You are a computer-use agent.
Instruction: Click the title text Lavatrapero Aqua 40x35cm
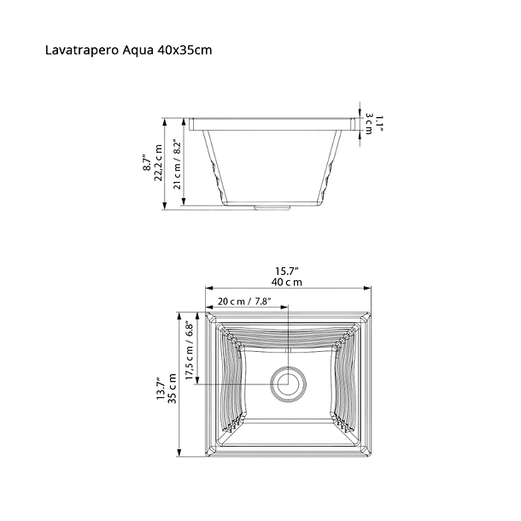pyautogui.click(x=128, y=50)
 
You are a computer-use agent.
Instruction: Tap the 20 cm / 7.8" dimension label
pyautogui.click(x=244, y=301)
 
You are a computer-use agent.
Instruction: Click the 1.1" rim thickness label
pyautogui.click(x=380, y=123)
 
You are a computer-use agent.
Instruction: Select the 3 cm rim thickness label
pyautogui.click(x=369, y=123)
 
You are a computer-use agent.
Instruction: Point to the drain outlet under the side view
pyautogui.click(x=273, y=206)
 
